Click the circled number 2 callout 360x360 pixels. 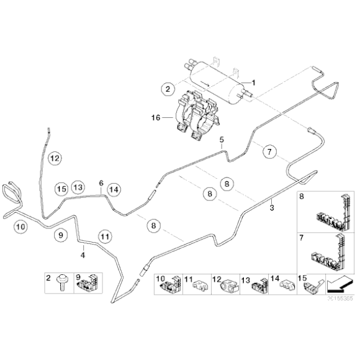167,89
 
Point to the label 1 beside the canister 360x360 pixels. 254,82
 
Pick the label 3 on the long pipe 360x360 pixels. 271,209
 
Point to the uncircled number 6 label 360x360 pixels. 101,182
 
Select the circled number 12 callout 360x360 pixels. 55,159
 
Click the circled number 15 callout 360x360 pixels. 60,188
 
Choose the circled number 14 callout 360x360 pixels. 113,189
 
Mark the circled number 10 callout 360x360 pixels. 20,227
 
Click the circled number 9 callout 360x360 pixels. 60,235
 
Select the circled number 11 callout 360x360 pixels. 105,236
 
